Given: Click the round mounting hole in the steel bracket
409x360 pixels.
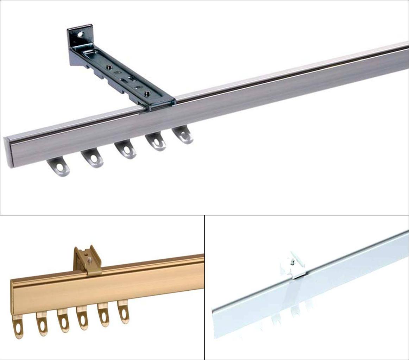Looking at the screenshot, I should (x=81, y=34).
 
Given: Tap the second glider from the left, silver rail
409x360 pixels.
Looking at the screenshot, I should (x=93, y=158).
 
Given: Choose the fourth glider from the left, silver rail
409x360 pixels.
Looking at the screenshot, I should (x=156, y=142).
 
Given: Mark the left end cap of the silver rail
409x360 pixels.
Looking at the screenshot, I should (x=7, y=152).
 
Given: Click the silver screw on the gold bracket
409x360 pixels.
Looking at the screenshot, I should (x=90, y=260).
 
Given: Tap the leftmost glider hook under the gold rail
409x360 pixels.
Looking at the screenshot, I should (x=18, y=327).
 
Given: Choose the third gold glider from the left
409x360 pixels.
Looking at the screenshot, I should (x=63, y=320).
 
